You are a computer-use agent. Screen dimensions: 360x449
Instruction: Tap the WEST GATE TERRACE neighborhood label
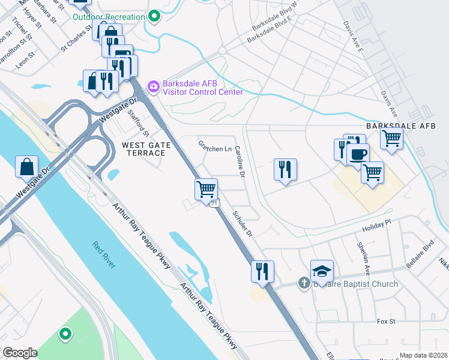pyautogui.click(x=143, y=149)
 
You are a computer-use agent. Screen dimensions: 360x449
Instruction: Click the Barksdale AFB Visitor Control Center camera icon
pyautogui.click(x=153, y=88)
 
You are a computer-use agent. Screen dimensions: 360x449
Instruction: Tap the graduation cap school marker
pyautogui.click(x=322, y=271)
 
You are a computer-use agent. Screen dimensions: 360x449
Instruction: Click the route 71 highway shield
pyautogui.click(x=214, y=204)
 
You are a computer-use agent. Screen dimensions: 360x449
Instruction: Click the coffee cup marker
pyautogui.click(x=358, y=154)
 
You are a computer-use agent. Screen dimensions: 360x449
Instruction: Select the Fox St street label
pyautogui.click(x=386, y=322)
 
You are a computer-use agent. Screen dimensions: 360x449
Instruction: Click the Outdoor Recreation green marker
pyautogui.click(x=155, y=17)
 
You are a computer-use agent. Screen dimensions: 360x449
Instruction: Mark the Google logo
pyautogui.click(x=20, y=352)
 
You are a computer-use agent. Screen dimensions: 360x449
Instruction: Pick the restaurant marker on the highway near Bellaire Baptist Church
pyautogui.click(x=262, y=271)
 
